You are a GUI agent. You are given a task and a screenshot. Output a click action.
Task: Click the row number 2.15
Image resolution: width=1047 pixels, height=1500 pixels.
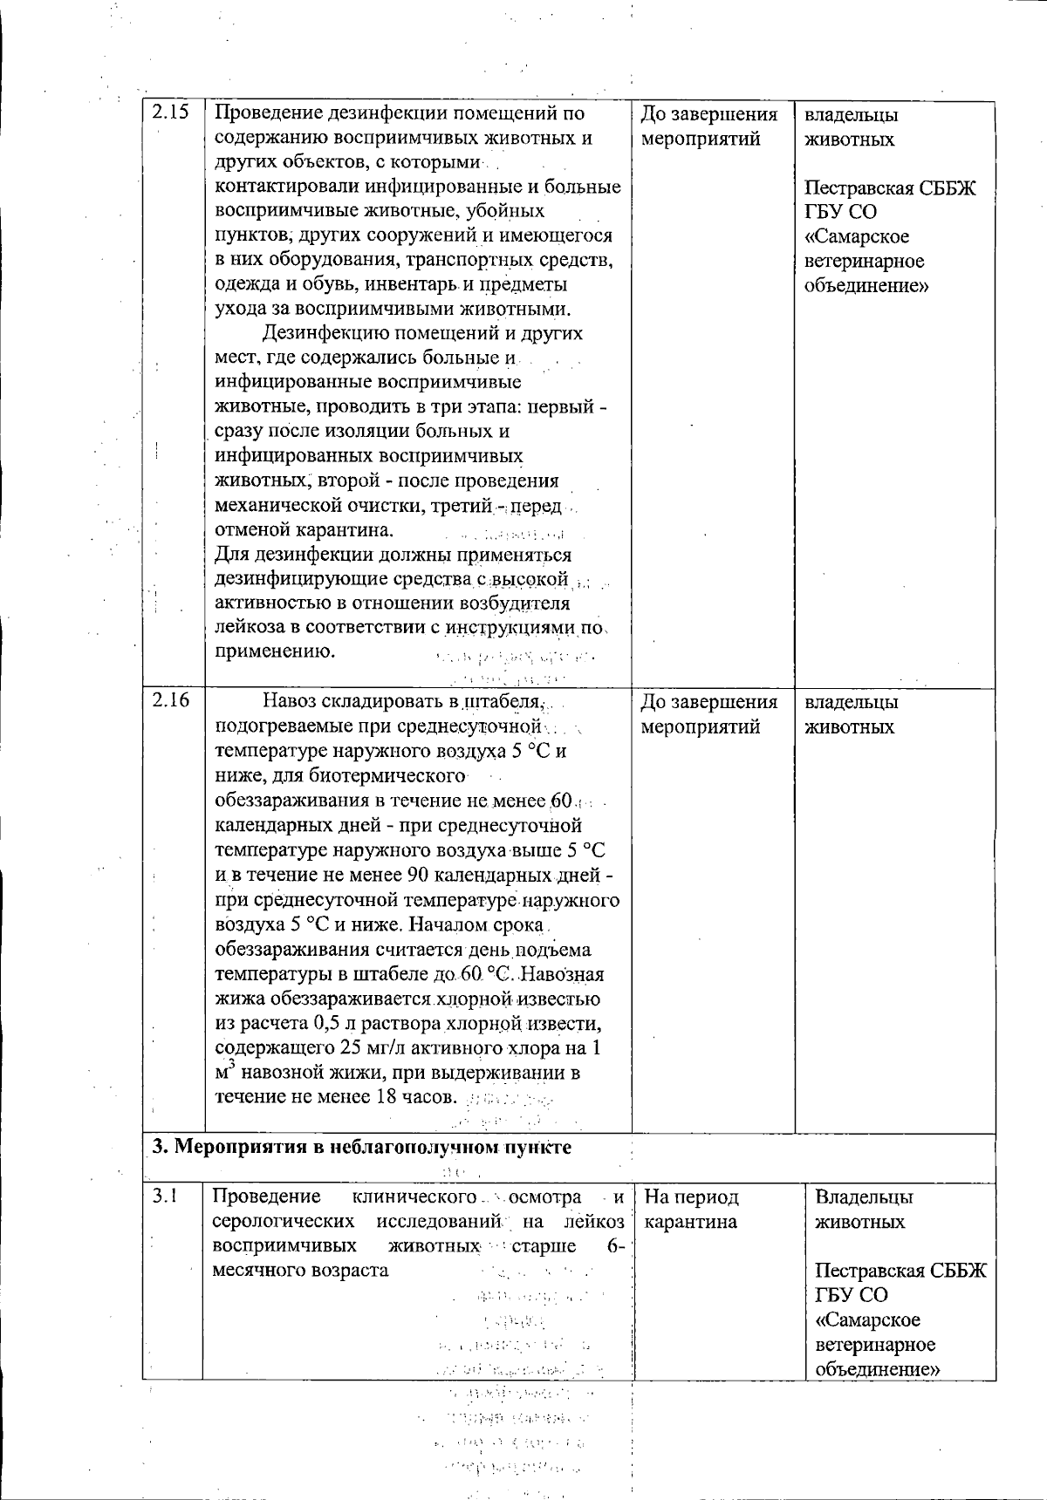(x=171, y=113)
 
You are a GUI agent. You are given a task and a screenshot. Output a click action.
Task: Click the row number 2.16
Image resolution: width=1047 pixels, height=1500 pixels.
(x=171, y=702)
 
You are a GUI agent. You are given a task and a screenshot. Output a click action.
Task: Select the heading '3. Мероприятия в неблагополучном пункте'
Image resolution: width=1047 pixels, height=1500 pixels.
(x=361, y=1146)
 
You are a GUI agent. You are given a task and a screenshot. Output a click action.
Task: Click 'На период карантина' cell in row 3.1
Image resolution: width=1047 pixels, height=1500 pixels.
(x=691, y=1209)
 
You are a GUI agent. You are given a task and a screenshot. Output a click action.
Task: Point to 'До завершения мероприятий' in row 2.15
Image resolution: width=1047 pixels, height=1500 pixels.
(x=708, y=126)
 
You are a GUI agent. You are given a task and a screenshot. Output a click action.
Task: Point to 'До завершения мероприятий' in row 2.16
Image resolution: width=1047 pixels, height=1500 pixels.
(x=708, y=714)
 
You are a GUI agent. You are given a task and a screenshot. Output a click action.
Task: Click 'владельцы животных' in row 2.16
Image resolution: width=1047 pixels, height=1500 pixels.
(x=850, y=714)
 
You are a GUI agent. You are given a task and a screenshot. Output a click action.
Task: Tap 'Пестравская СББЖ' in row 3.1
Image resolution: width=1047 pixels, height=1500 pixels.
(x=900, y=1271)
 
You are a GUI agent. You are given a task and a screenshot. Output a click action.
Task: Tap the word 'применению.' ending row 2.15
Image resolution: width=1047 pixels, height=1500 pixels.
(x=275, y=651)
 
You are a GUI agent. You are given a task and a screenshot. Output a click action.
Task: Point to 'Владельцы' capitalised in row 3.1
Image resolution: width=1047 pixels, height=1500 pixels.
(x=864, y=1197)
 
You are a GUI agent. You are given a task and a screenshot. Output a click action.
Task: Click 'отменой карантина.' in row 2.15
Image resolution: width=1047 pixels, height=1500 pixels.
(x=305, y=529)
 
